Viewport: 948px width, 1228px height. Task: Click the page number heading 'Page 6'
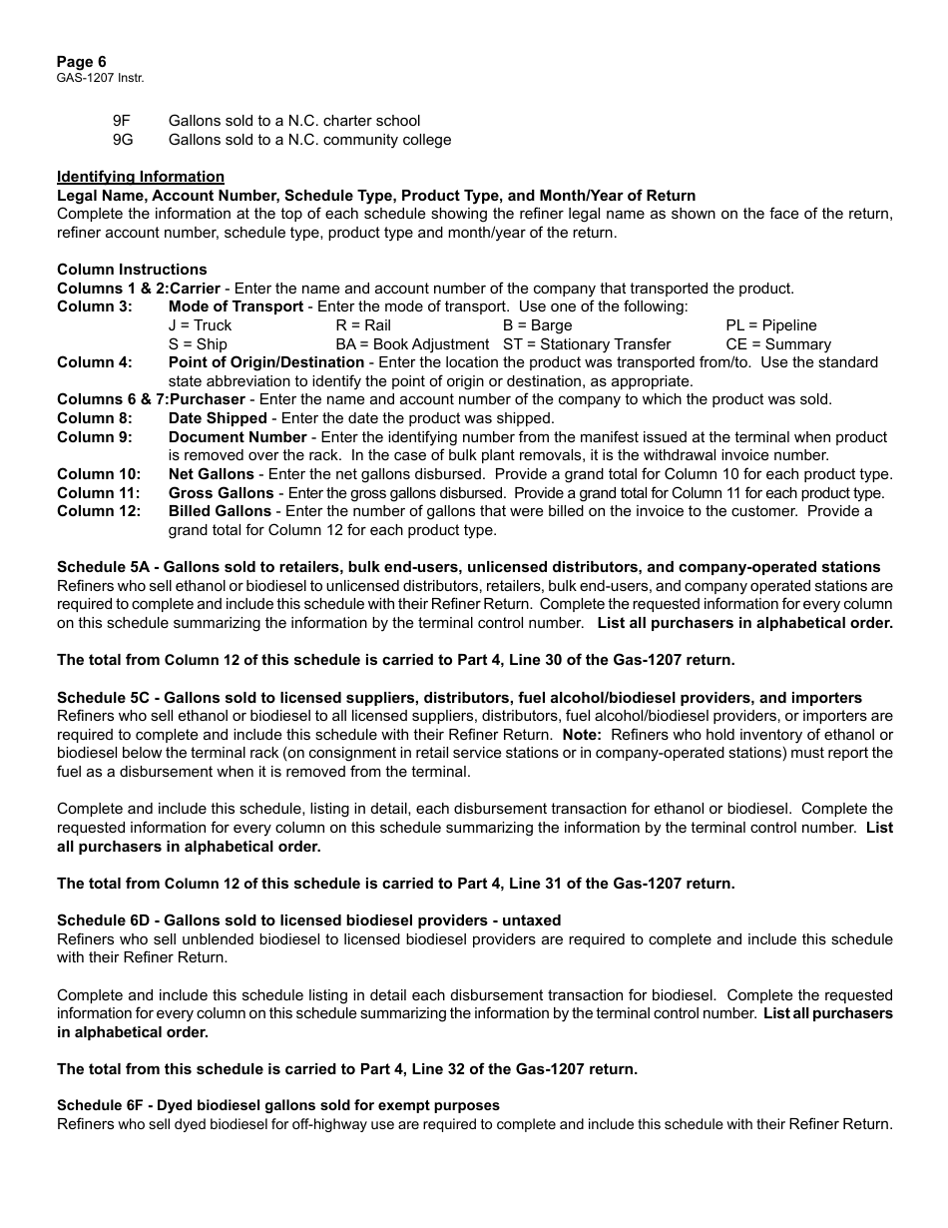(x=82, y=62)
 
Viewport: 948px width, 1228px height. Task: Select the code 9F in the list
(x=122, y=121)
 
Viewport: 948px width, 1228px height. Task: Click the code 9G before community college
(x=123, y=140)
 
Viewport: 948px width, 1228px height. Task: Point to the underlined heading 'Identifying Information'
(x=141, y=177)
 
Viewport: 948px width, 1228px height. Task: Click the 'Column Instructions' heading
(x=132, y=270)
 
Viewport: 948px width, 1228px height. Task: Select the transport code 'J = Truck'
(x=200, y=325)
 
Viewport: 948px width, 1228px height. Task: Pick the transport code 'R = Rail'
(x=363, y=325)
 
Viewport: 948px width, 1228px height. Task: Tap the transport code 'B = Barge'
(x=537, y=325)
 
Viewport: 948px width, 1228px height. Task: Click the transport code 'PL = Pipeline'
(x=770, y=325)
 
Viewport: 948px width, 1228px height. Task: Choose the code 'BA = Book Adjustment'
(x=412, y=344)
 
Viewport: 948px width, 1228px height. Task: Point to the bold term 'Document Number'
(x=237, y=437)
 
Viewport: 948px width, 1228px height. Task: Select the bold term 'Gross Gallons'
(x=221, y=493)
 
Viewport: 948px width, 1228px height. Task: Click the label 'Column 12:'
(x=98, y=511)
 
